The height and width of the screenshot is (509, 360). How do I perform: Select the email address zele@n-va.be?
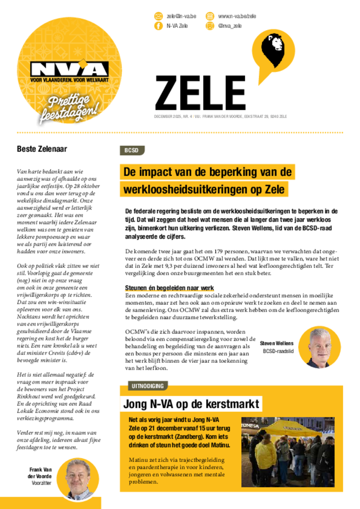tap(181, 16)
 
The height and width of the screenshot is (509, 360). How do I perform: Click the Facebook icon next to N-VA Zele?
tap(159, 26)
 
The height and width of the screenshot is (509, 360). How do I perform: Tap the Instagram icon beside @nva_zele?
tap(210, 26)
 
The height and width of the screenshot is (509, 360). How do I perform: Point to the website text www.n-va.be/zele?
tap(237, 16)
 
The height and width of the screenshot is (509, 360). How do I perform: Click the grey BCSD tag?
tap(132, 151)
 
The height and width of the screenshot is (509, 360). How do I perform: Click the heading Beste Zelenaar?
tap(42, 148)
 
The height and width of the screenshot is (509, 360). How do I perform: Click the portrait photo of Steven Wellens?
tap(319, 347)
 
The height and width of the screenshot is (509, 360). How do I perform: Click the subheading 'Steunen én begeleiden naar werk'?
tap(170, 288)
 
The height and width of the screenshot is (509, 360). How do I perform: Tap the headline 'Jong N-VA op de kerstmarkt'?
tap(191, 404)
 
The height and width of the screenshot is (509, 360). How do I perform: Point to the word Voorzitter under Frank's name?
tap(42, 483)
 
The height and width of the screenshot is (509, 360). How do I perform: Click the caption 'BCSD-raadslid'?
tap(278, 351)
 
